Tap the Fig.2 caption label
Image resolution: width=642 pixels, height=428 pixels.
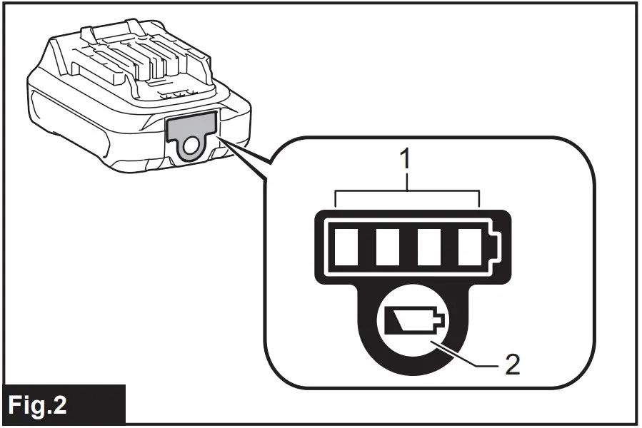(x=63, y=405)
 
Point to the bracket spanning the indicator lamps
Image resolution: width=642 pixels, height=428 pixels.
(x=407, y=191)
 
